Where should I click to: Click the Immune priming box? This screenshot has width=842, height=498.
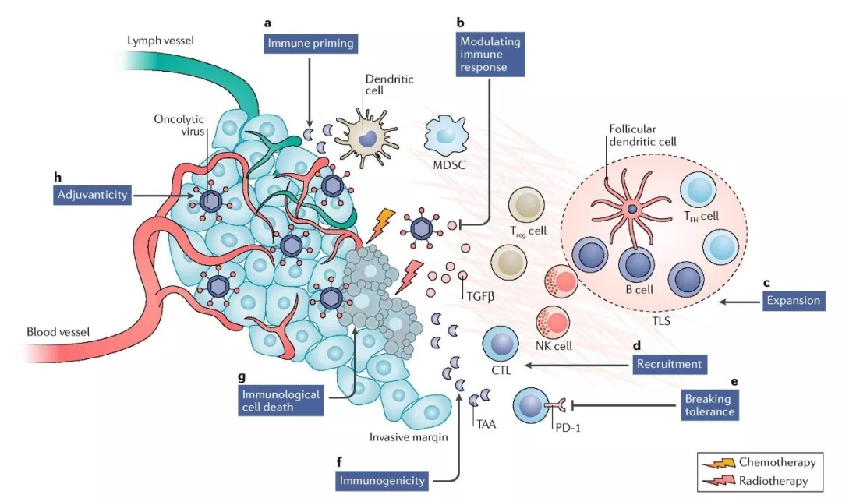pyautogui.click(x=308, y=44)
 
